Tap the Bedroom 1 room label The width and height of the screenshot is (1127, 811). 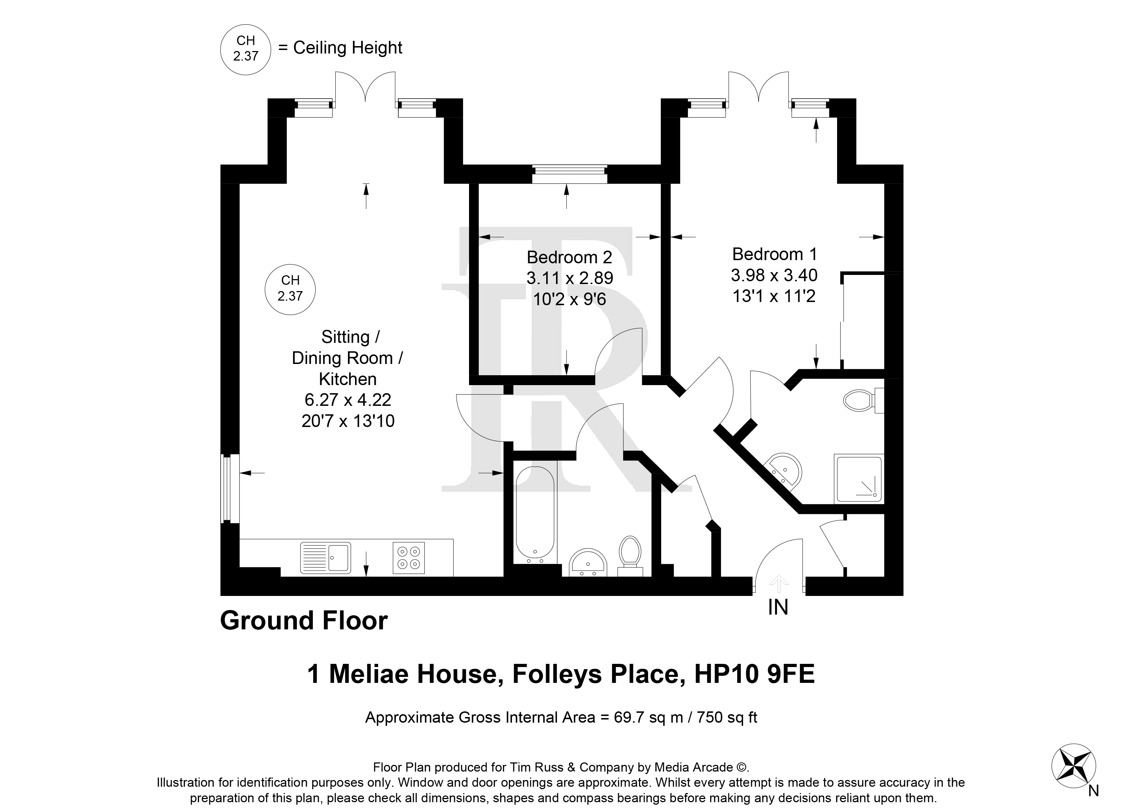point(775,254)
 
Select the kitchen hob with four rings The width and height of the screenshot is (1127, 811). point(409,558)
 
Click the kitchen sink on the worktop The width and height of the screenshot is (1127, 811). point(325,558)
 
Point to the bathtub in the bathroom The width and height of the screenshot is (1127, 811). point(535,515)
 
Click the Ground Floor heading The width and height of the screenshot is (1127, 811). point(304,621)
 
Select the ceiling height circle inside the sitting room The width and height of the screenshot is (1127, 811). point(290,289)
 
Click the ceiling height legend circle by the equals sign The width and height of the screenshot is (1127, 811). point(246,49)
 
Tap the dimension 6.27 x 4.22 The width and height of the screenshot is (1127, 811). point(348,400)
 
